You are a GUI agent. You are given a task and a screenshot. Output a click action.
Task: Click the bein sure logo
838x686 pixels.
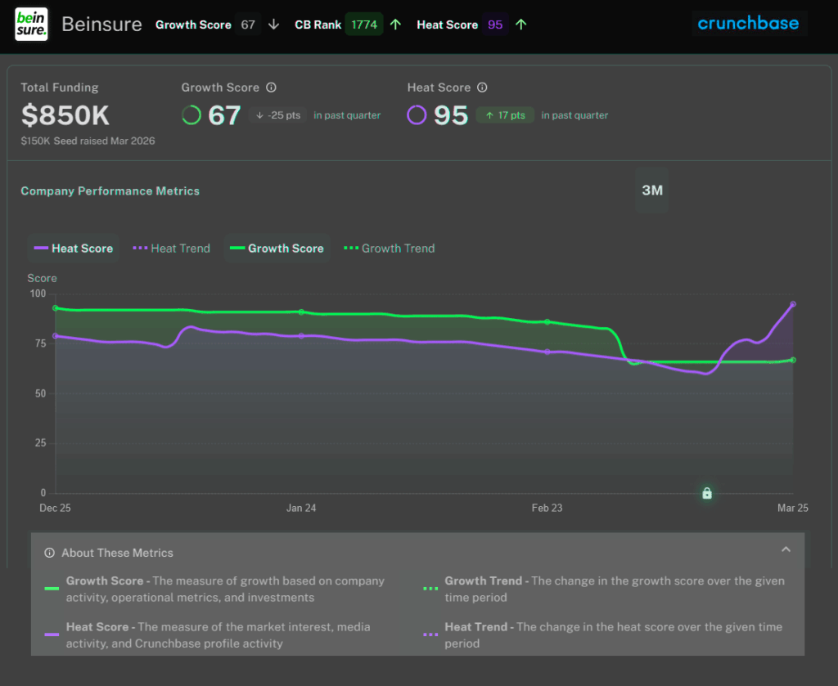tap(32, 25)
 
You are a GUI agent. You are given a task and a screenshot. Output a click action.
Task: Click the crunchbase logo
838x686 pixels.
tap(748, 24)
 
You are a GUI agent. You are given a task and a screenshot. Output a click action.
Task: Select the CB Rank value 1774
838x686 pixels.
tap(364, 25)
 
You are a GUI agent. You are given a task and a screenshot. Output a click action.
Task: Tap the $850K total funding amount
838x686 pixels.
tap(65, 115)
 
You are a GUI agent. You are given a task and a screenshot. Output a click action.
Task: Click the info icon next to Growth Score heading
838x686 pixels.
tap(272, 87)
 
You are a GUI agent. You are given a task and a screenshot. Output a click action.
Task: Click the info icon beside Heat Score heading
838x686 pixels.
tap(482, 87)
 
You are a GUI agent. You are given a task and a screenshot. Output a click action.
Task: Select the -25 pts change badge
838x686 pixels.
tap(278, 115)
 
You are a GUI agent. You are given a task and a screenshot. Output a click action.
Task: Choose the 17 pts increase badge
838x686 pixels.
tap(505, 115)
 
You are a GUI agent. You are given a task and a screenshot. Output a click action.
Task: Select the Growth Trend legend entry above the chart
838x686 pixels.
tap(389, 249)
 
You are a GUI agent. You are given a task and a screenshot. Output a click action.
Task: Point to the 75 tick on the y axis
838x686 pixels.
tap(38, 343)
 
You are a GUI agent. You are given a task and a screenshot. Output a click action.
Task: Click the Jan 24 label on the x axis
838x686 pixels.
tap(301, 508)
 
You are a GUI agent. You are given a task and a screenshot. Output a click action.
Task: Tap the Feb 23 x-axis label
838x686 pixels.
tap(547, 508)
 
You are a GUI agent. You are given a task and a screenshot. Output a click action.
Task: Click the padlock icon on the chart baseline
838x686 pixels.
tap(707, 493)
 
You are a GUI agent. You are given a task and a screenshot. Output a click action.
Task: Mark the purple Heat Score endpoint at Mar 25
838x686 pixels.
tap(793, 304)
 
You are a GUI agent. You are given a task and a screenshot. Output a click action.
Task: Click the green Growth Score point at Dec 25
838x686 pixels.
tap(55, 308)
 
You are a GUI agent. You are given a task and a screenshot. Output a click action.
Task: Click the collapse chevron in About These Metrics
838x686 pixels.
tap(786, 549)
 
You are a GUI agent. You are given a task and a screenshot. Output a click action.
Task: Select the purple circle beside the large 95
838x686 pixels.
tap(417, 115)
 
